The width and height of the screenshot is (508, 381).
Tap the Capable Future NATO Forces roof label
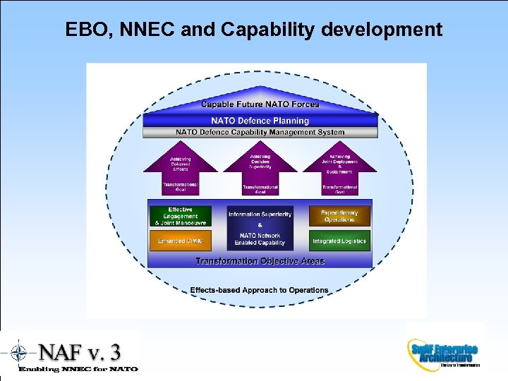(x=260, y=104)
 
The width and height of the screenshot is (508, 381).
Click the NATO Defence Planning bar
(x=260, y=121)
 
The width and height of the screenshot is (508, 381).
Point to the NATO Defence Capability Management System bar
(x=260, y=132)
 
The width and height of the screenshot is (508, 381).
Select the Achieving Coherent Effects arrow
(x=180, y=164)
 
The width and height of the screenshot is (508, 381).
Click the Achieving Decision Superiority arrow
(x=260, y=162)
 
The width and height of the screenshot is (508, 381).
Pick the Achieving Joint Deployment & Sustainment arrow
(x=339, y=164)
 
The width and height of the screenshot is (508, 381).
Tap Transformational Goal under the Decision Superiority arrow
(x=260, y=189)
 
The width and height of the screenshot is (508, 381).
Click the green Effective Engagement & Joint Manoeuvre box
(x=180, y=216)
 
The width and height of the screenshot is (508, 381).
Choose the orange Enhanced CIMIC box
(x=180, y=241)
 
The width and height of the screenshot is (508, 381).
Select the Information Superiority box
(x=260, y=214)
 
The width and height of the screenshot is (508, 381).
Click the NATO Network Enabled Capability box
(x=260, y=239)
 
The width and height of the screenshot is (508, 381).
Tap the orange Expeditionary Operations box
(x=339, y=216)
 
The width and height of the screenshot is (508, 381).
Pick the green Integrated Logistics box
(x=339, y=241)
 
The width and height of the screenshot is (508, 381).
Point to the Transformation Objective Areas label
(x=260, y=261)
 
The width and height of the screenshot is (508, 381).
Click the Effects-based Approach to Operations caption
(x=259, y=290)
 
